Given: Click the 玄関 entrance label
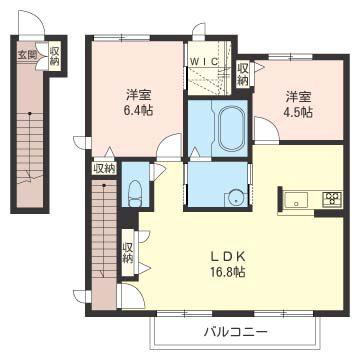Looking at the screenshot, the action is click(27, 55).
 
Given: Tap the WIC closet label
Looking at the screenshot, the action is click(205, 61).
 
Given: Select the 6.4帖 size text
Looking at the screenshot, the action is click(137, 110).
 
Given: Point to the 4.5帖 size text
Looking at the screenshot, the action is click(298, 112).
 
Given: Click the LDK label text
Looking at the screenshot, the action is click(229, 256).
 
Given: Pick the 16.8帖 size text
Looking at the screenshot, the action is click(229, 272).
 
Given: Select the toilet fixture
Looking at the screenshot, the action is click(135, 194).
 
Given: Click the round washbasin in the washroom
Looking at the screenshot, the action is click(236, 199).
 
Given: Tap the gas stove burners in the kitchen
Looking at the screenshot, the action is click(332, 199).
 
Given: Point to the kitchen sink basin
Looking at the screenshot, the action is click(296, 200).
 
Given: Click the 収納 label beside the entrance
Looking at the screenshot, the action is click(55, 56).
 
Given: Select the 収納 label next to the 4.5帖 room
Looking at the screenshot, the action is click(243, 74).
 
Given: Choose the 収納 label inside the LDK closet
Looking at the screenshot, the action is click(128, 252).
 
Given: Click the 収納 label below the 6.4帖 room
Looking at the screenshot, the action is click(104, 168).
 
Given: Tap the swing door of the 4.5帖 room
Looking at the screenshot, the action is click(267, 129).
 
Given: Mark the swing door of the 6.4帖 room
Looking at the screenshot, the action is click(169, 145).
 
